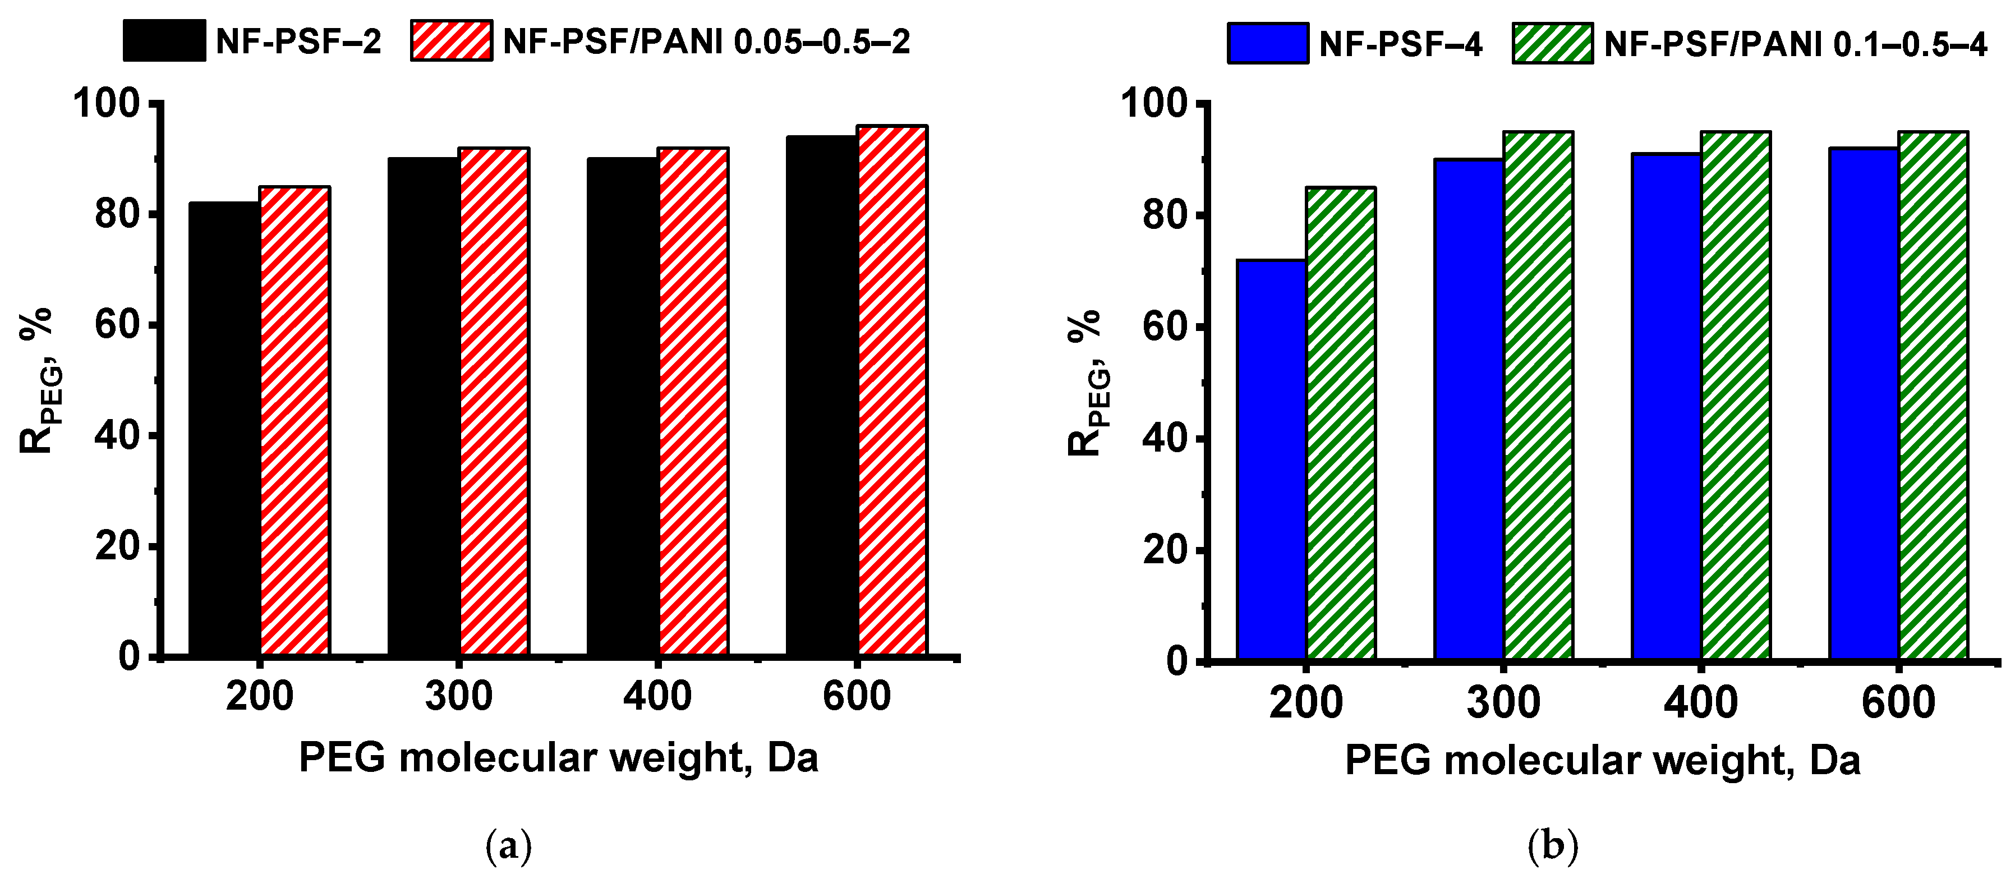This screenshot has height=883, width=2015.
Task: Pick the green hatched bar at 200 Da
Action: tap(1341, 423)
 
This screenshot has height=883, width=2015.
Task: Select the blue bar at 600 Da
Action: tap(1864, 403)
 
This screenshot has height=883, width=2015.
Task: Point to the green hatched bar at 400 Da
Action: tap(1736, 395)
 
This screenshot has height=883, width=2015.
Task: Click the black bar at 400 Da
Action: tap(623, 407)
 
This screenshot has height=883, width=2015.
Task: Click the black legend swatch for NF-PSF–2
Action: tap(164, 40)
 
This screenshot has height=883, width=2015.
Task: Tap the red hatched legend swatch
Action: tap(452, 40)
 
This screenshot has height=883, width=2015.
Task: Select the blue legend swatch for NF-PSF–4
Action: tap(1268, 43)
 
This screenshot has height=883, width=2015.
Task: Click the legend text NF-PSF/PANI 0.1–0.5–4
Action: tap(1795, 44)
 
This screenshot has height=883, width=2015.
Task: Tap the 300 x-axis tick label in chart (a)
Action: tap(458, 696)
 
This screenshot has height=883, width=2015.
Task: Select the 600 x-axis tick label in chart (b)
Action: tap(1898, 702)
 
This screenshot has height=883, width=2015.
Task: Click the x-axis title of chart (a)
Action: tap(559, 757)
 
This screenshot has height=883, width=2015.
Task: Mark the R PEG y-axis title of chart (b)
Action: tap(1085, 383)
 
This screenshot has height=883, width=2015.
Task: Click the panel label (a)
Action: tap(508, 845)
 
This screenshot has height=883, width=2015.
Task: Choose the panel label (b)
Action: tap(1553, 845)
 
